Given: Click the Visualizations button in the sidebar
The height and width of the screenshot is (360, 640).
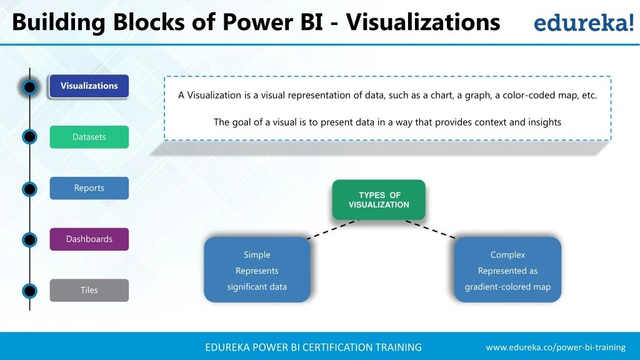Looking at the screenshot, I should [x=89, y=86].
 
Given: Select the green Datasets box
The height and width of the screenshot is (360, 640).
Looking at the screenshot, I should [x=89, y=137].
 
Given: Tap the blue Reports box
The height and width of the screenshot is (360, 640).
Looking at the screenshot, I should [x=89, y=188].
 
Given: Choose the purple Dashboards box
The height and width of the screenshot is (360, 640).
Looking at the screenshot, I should [x=89, y=239].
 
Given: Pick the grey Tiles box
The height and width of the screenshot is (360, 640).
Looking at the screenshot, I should [x=89, y=290].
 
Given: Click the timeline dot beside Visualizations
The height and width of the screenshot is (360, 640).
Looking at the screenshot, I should [x=29, y=87].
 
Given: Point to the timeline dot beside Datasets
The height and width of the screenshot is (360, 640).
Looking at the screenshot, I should [x=29, y=137].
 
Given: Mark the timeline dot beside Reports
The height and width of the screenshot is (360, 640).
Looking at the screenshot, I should [x=29, y=189].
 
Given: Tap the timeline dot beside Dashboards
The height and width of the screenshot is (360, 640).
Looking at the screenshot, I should [x=29, y=240].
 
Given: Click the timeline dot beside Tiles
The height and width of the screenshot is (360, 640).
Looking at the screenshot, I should [x=29, y=291].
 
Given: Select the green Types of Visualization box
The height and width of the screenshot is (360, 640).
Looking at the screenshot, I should [x=379, y=200].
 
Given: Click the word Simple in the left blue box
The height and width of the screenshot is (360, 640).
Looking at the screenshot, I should [x=257, y=255].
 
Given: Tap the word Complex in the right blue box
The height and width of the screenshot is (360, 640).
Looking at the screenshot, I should [x=507, y=255].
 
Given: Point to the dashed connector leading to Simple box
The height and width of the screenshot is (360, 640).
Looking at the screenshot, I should [x=333, y=229].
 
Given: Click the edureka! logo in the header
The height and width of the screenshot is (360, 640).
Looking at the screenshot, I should [x=582, y=23].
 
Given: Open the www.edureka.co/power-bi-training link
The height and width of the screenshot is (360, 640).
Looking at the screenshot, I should [x=556, y=347].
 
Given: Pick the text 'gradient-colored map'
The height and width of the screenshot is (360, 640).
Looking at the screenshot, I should [x=507, y=287].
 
